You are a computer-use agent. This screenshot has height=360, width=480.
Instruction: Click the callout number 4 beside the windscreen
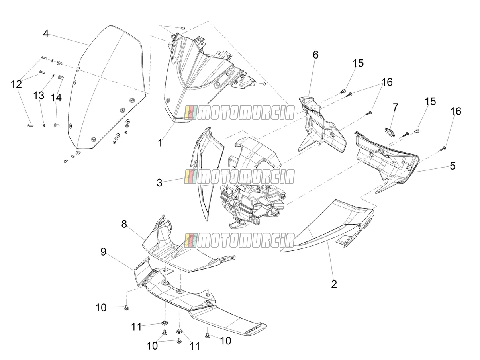tap(46, 34)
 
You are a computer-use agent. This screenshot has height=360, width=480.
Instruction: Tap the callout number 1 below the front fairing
tap(160, 143)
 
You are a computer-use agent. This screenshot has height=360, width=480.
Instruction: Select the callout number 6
tap(315, 55)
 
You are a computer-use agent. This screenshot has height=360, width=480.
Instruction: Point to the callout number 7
tap(396, 107)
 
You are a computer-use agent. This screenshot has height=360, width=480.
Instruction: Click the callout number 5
tap(453, 166)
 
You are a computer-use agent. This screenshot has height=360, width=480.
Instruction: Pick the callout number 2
tap(334, 284)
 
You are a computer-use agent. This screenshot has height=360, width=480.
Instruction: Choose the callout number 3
tap(160, 183)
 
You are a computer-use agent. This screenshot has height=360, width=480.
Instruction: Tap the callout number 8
tap(124, 224)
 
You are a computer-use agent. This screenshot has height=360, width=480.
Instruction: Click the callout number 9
tap(104, 252)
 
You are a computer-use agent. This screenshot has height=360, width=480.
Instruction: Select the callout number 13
tap(39, 96)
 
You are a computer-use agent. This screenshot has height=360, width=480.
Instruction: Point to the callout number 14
tap(56, 98)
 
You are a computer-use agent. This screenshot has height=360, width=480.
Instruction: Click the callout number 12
tap(16, 84)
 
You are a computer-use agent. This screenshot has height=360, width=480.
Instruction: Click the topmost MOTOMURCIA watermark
tap(239, 112)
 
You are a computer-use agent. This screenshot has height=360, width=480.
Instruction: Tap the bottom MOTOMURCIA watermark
tap(239, 240)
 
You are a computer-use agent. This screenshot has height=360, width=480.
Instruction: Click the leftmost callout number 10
tap(101, 308)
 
